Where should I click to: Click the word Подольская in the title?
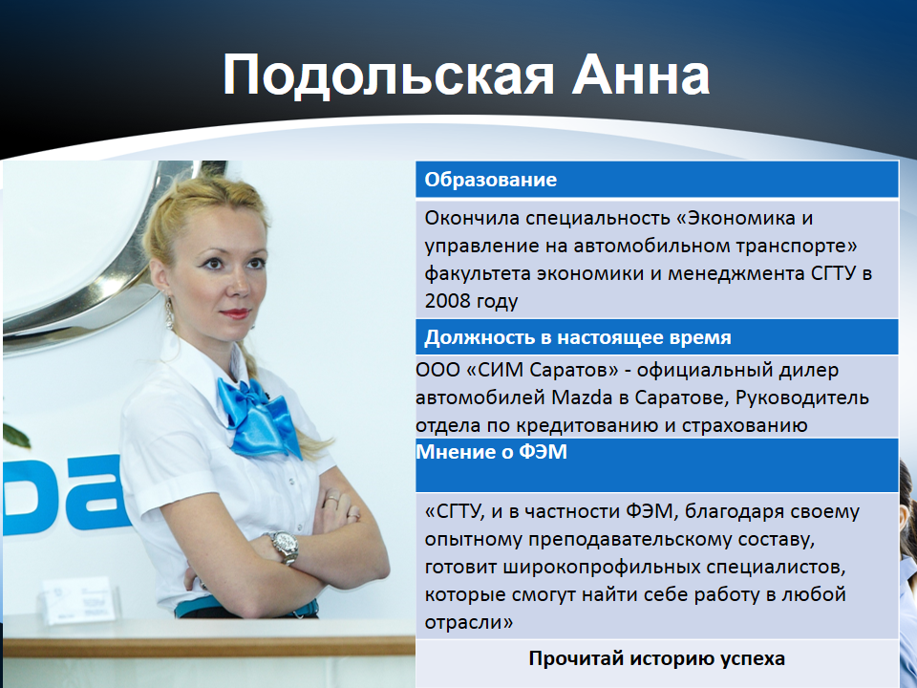click(389, 75)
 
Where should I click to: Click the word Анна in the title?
click(641, 75)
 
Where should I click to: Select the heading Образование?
click(490, 179)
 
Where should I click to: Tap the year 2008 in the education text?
click(447, 301)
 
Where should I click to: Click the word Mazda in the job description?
click(583, 398)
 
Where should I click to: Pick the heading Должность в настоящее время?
click(577, 337)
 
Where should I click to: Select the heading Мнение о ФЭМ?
click(491, 452)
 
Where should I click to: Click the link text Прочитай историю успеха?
click(657, 658)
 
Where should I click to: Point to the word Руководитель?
click(801, 398)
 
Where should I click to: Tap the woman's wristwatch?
click(285, 547)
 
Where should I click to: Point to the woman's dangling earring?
click(169, 313)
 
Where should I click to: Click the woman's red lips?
click(235, 313)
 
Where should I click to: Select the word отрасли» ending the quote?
click(468, 622)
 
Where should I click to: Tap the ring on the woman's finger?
click(331, 499)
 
